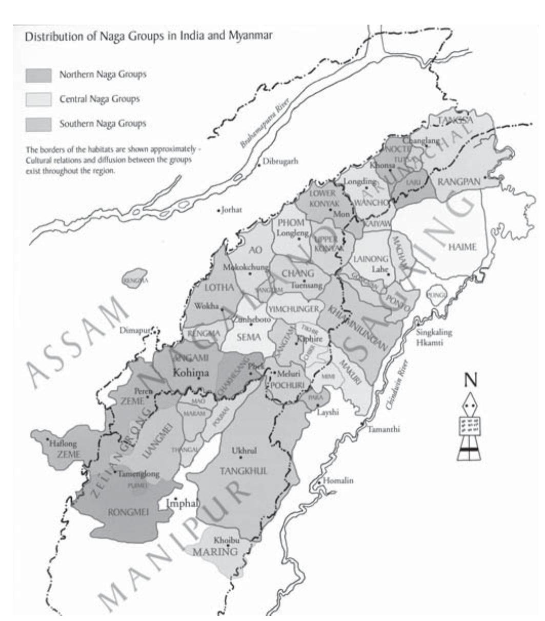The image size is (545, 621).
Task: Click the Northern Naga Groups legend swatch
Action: [38, 75]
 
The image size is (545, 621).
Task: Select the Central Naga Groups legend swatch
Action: [38, 99]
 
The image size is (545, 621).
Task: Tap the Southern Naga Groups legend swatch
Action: [38, 124]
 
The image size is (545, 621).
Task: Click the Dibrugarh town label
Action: [280, 161]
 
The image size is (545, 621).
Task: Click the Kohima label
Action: [191, 372]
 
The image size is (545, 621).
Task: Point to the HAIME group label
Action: [462, 247]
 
